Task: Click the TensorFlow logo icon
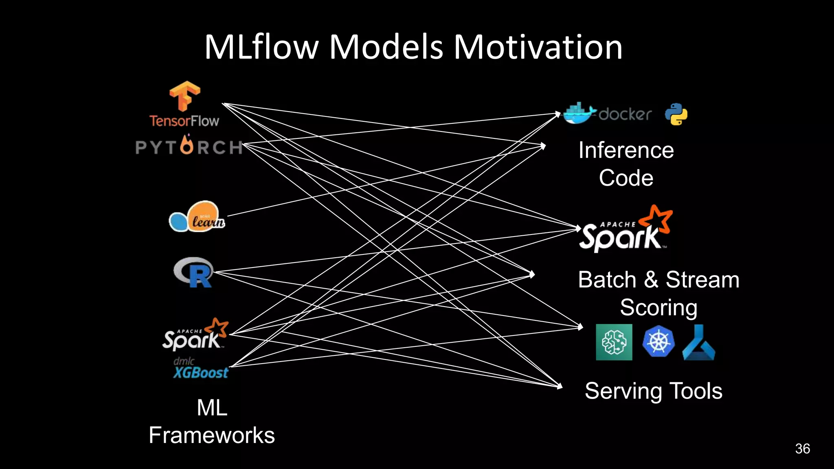point(184,96)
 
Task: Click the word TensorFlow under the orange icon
point(184,121)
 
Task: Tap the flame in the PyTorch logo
point(187,145)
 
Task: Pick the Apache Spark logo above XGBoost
point(195,335)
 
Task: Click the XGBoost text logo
point(201,372)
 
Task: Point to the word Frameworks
point(212,435)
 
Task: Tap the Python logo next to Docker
point(676,114)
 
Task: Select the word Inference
point(626,150)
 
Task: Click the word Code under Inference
point(626,178)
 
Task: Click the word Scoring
point(658,307)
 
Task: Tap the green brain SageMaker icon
point(614,342)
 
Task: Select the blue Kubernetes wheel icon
point(658,341)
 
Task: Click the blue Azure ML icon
point(698,343)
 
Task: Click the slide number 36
point(802,449)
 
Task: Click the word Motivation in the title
point(538,47)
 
